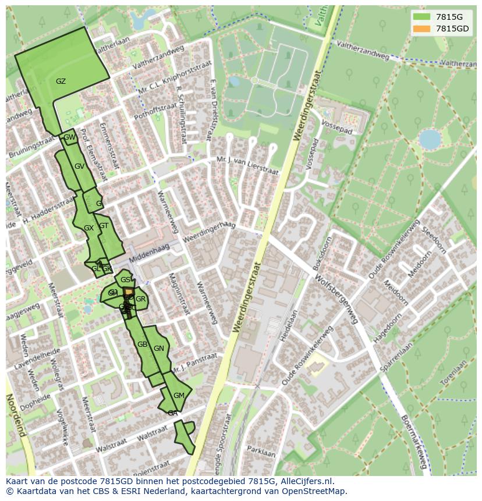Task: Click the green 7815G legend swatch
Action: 422,17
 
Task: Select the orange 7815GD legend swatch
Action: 422,29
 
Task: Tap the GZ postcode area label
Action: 61,81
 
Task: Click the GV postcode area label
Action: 80,166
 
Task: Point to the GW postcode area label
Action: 69,138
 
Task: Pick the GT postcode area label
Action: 104,226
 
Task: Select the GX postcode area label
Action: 88,229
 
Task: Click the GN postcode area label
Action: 159,349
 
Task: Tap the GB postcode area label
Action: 142,344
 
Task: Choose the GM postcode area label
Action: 179,396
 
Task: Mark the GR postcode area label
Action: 140,299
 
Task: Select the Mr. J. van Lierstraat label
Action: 247,165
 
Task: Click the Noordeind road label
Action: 16,414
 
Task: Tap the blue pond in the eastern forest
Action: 430,140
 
